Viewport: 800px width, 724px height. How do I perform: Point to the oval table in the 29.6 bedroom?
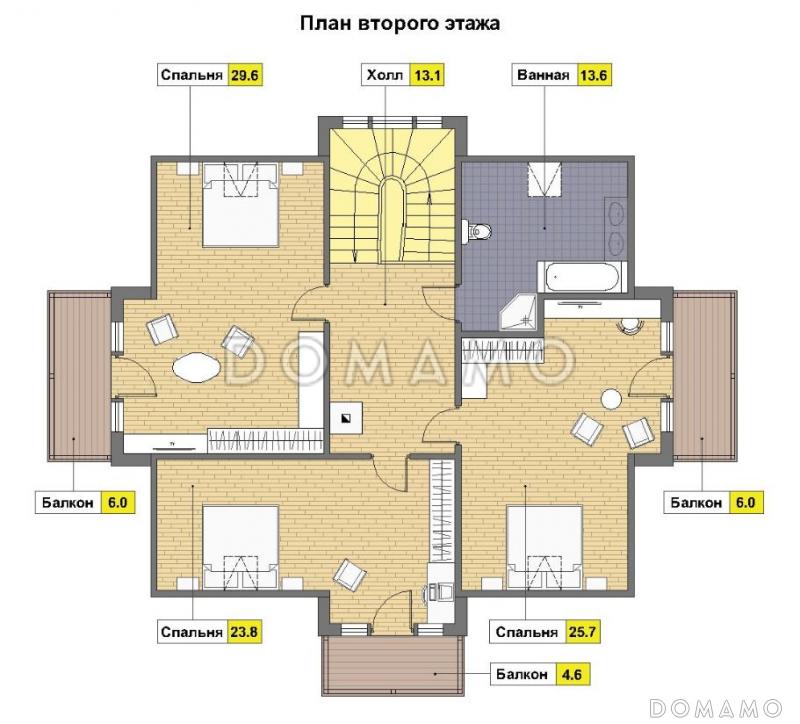[197, 367]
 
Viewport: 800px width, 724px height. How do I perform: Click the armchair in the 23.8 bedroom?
[349, 574]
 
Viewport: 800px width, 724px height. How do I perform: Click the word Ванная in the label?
[543, 74]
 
